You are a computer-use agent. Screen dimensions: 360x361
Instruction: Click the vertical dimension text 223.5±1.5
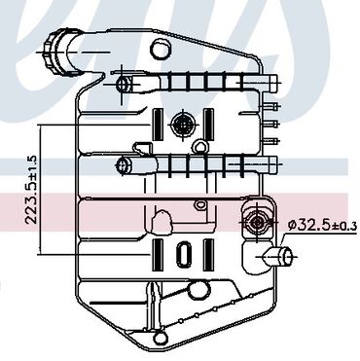pyautogui.click(x=31, y=190)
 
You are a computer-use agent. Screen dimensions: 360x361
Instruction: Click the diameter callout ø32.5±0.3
pyautogui.click(x=322, y=225)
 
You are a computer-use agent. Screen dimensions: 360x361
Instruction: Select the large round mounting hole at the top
pyautogui.click(x=161, y=49)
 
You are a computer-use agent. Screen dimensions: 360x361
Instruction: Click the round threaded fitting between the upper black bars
pyautogui.click(x=183, y=125)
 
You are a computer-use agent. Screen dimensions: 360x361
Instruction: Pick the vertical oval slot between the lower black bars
pyautogui.click(x=184, y=255)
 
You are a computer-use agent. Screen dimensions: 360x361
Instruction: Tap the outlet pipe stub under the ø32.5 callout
pyautogui.click(x=279, y=257)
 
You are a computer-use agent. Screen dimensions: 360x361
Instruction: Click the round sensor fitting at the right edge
pyautogui.click(x=258, y=222)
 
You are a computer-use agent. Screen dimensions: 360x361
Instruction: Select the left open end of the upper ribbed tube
pyautogui.click(x=124, y=85)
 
